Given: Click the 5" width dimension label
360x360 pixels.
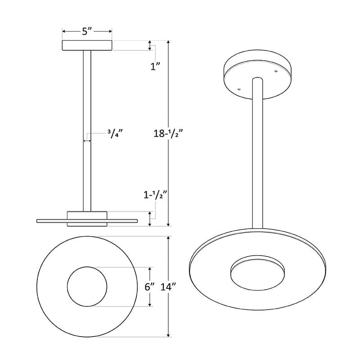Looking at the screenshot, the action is (x=87, y=31).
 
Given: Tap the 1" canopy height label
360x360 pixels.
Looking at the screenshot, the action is (x=155, y=67).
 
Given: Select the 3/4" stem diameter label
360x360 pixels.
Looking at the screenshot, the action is (x=115, y=134).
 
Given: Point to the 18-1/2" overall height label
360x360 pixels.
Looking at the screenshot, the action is (x=168, y=133).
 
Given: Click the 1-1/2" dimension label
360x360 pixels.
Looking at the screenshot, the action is (x=155, y=195).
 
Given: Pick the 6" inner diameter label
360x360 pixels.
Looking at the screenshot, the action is (x=149, y=287).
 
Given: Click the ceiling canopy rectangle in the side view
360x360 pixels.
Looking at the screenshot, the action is (x=87, y=45).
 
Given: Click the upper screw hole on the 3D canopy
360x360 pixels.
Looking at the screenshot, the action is (x=276, y=71).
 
